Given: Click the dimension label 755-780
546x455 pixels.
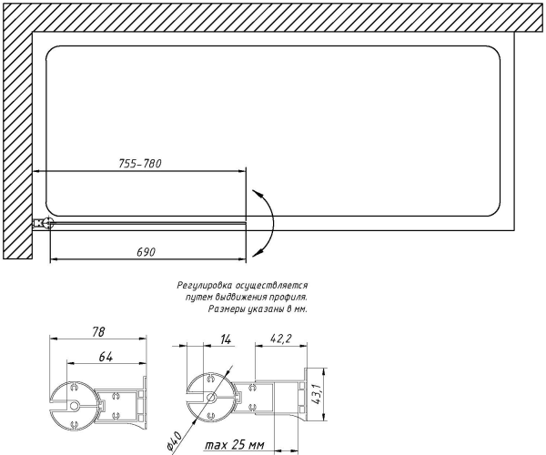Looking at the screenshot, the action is [140, 163].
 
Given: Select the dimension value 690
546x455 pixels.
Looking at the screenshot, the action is [146, 252].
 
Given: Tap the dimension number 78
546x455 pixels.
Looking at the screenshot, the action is [98, 332].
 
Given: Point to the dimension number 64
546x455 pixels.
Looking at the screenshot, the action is [106, 357].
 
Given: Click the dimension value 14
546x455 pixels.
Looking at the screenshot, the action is [226, 339].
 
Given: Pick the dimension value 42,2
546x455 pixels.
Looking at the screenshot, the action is [280, 339].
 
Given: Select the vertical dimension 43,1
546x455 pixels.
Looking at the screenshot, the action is [316, 394].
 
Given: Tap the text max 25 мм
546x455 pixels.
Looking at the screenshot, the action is [235, 445].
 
